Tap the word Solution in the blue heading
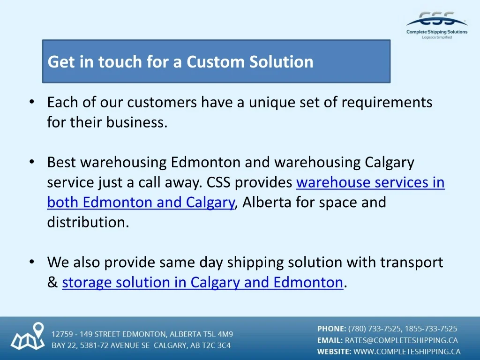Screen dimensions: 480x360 pos(281,61)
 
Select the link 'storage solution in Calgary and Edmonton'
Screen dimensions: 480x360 pos(202,282)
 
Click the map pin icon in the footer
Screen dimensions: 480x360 pos(38,330)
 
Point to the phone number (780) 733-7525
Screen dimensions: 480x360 pos(375,329)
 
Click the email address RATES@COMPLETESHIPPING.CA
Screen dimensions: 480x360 pos(401,340)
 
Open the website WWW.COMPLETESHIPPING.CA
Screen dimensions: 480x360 pos(407,352)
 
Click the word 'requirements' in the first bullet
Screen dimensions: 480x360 pos(387,103)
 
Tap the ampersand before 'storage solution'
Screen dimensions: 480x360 pos(52,282)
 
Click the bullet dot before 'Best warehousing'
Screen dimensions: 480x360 pos(32,162)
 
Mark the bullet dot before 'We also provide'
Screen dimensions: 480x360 pos(32,262)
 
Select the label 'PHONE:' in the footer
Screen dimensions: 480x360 pos(331,329)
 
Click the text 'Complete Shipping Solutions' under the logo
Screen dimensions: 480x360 pos(437,32)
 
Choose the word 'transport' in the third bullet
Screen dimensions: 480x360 pos(412,262)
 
